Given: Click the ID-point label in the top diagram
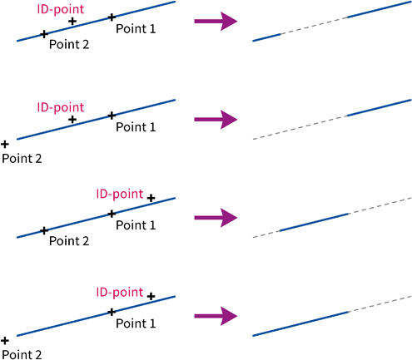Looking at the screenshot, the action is [61, 9].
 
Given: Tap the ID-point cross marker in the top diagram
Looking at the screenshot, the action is [72, 21].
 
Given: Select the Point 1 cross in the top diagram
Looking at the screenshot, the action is [112, 17].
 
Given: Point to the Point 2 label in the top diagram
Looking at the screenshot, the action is [69, 44].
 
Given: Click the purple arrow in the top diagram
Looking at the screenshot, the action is [216, 22].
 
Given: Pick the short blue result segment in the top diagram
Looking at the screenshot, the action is [266, 37].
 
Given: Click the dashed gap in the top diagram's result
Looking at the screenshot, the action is [314, 26].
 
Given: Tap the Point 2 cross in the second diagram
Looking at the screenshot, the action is [5, 144].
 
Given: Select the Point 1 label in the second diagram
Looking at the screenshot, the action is [136, 127].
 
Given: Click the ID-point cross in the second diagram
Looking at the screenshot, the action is [72, 120].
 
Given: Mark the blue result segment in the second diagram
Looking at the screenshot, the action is [380, 107].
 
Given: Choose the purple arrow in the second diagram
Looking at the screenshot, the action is [216, 120].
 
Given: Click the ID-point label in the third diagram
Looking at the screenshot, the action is [120, 195].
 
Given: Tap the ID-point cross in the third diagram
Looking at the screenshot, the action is [151, 198].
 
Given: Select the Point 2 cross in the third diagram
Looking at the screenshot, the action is [44, 230].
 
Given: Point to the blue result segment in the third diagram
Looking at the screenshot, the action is [314, 222].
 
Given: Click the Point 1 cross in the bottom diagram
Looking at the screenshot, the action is [112, 312].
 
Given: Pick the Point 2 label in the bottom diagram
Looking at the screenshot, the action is [22, 355].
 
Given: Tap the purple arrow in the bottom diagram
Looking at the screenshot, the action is [216, 316].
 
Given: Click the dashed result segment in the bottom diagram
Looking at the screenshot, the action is [380, 304].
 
